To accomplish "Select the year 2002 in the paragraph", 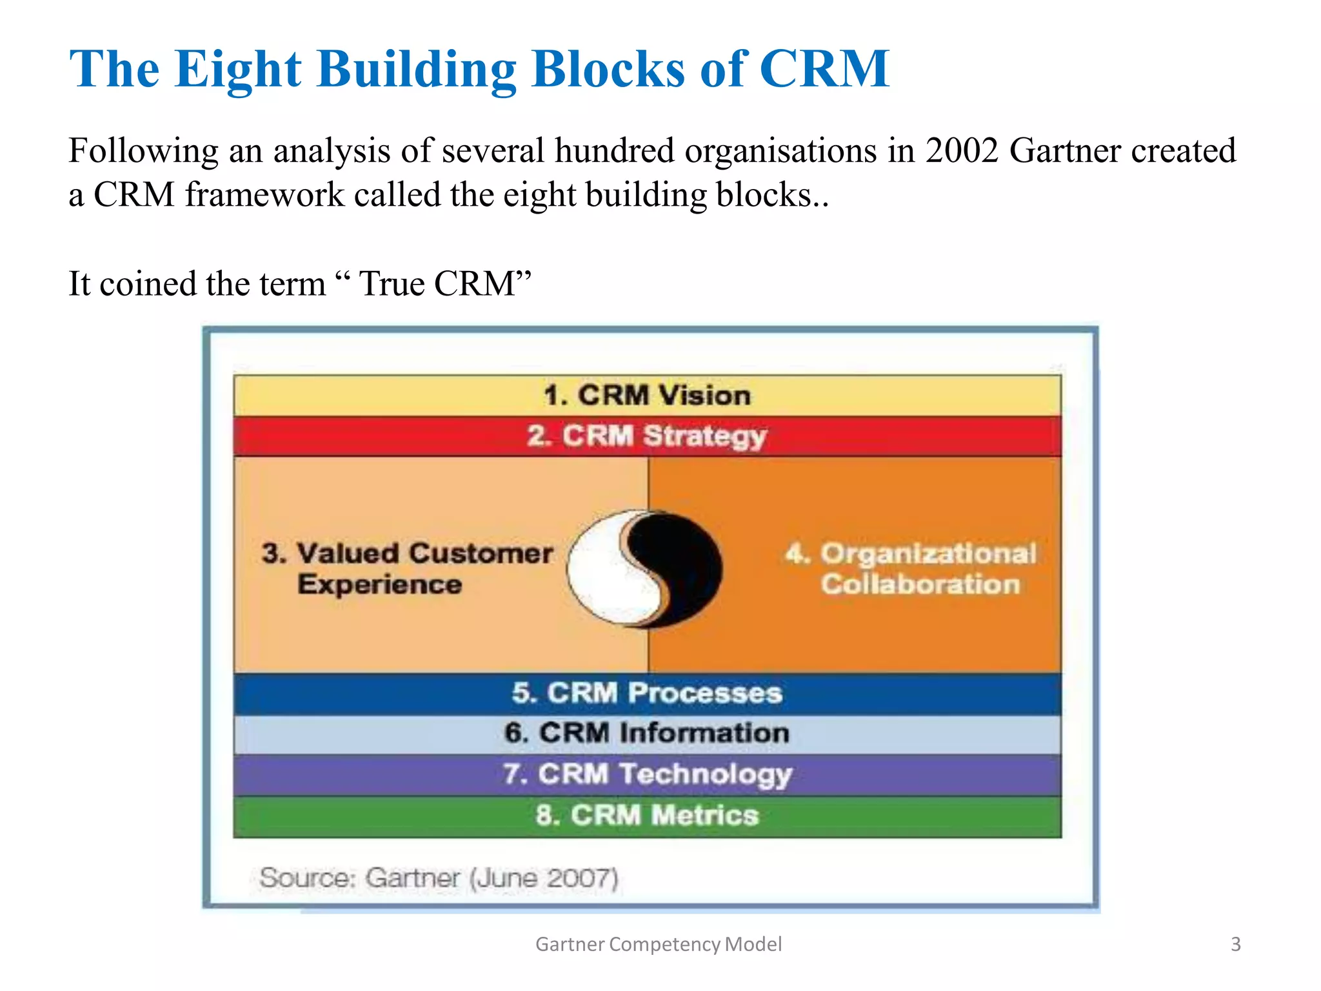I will [962, 151].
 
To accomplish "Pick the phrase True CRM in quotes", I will [439, 284].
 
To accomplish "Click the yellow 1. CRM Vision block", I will [647, 395].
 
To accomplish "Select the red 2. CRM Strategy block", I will [647, 436].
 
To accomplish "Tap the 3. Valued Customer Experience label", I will [406, 568].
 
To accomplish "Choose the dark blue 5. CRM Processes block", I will [647, 694].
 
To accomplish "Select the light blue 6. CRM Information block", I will [647, 734].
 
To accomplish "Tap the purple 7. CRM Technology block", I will [647, 774].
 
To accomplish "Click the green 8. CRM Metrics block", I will [647, 816].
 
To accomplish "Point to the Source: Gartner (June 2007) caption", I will [439, 878].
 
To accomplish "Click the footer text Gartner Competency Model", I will [659, 945].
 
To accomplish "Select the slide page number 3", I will [1235, 945].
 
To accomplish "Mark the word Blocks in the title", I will [608, 70].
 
